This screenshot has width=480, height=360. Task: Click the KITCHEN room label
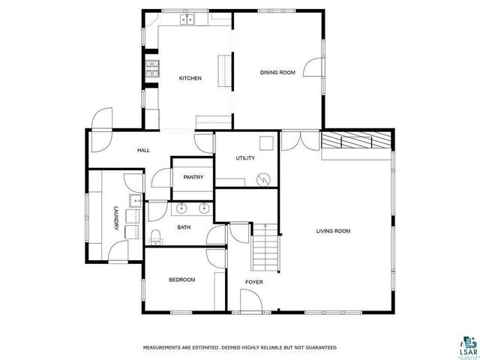(189, 78)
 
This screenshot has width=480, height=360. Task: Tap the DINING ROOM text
(277, 72)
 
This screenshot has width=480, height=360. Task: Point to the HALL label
(143, 150)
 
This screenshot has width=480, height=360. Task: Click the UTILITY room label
(245, 158)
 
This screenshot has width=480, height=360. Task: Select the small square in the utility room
(266, 143)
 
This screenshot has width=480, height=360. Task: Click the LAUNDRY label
(116, 217)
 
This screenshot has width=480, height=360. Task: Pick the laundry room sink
(135, 200)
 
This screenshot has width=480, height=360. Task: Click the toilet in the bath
(154, 238)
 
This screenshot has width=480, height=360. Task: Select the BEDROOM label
(181, 280)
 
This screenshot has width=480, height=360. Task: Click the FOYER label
(254, 282)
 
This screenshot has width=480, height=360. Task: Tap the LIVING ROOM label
(332, 231)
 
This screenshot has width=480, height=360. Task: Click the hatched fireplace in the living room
(357, 141)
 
